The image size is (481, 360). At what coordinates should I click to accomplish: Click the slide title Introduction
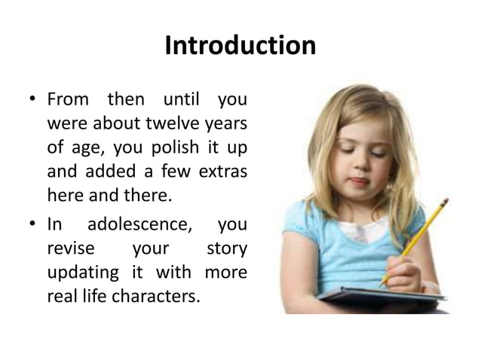[240, 47]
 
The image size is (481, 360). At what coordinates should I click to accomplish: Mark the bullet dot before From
[34, 100]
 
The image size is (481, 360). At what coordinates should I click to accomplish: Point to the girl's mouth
[360, 182]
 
